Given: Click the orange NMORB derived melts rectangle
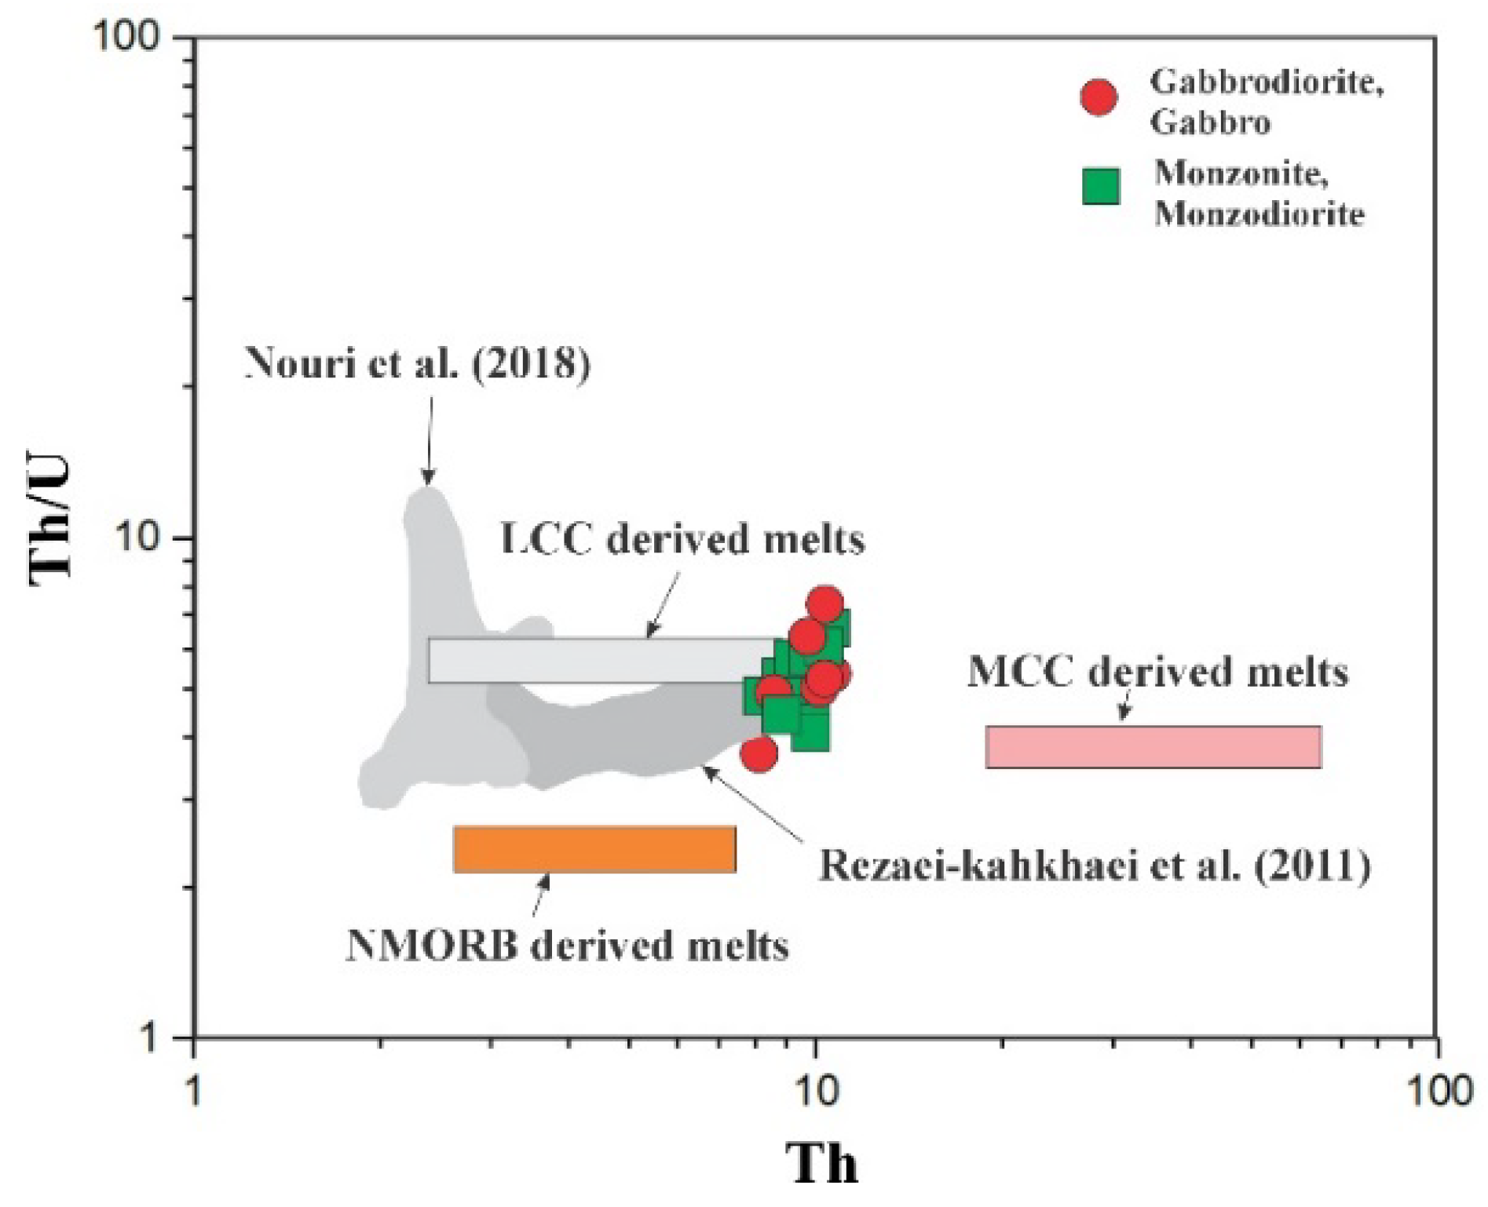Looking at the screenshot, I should [594, 849].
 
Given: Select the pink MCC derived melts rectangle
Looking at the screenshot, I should [1153, 746].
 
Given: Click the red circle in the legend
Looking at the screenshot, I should [1099, 98].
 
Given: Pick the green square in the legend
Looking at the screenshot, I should [1101, 187].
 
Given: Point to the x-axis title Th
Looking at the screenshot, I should [821, 1163].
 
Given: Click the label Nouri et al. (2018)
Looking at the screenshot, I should [418, 363].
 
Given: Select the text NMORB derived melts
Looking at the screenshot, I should [567, 946].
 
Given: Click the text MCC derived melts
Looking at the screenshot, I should [1157, 673].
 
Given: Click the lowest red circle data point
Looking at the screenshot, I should [759, 754].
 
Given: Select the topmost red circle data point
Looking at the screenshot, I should [824, 604].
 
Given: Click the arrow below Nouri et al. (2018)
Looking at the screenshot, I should [429, 439].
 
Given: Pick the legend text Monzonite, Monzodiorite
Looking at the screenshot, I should [1259, 193].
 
